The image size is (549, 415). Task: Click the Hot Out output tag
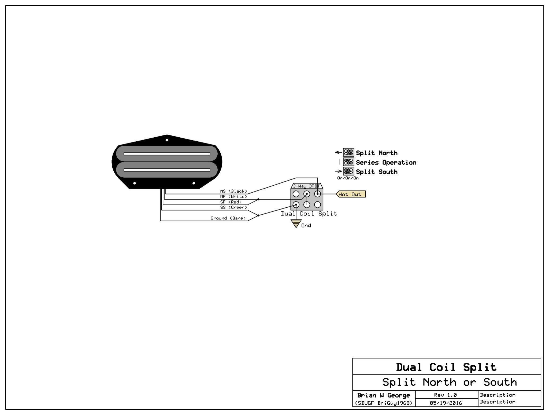(351, 194)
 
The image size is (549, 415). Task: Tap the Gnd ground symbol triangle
(296, 223)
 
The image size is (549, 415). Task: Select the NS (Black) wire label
(233, 191)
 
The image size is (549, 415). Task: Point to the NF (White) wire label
(233, 197)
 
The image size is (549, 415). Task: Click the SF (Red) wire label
(231, 202)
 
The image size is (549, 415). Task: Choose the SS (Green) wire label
(233, 207)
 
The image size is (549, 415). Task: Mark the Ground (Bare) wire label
(228, 218)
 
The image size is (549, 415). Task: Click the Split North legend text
(377, 153)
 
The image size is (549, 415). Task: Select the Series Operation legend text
(386, 162)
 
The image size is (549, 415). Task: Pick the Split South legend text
(377, 172)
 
